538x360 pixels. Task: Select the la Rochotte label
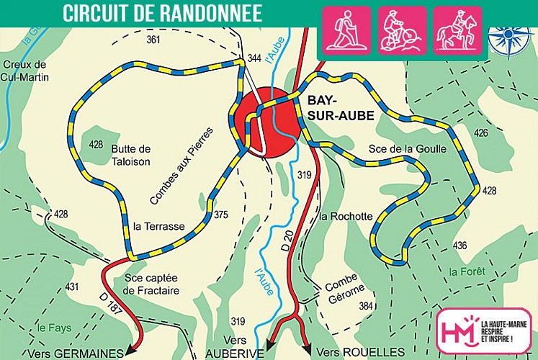[346, 216]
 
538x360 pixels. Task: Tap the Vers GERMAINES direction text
[72, 353]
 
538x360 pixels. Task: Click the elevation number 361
[153, 40]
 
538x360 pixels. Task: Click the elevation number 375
[221, 215]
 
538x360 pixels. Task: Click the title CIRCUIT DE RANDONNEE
[162, 13]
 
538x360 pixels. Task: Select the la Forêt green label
[467, 271]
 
